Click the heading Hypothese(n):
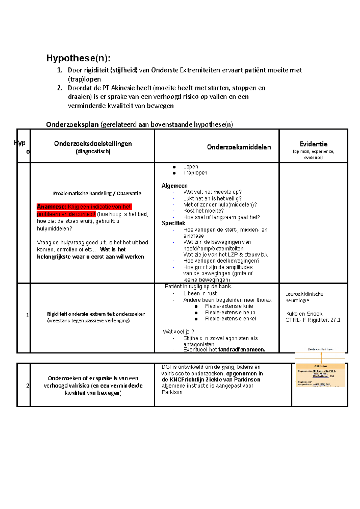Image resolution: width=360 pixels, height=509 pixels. (78, 58)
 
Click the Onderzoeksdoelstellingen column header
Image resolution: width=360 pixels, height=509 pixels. (93, 144)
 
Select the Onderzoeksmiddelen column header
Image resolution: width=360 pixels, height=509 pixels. (239, 147)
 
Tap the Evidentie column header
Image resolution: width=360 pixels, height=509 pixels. (313, 144)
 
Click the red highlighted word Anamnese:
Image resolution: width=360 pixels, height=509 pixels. (51, 207)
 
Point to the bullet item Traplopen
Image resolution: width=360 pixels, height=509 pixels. (195, 173)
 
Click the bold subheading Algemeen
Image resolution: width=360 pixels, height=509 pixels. (175, 186)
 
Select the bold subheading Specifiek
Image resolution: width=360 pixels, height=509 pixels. (173, 223)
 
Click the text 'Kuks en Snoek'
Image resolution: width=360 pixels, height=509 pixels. (304, 314)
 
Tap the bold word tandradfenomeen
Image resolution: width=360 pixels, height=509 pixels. (241, 350)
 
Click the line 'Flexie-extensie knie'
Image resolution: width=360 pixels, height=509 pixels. (229, 306)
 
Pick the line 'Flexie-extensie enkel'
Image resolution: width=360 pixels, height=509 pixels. (230, 319)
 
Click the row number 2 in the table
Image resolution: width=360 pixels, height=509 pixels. (28, 386)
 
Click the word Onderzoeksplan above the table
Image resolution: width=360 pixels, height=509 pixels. (72, 125)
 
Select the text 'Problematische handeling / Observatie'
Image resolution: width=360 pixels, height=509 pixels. (97, 194)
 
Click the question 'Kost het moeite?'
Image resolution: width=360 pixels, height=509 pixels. (203, 211)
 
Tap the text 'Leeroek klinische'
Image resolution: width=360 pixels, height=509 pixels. (304, 294)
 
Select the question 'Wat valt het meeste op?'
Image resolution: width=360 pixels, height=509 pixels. (212, 192)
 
